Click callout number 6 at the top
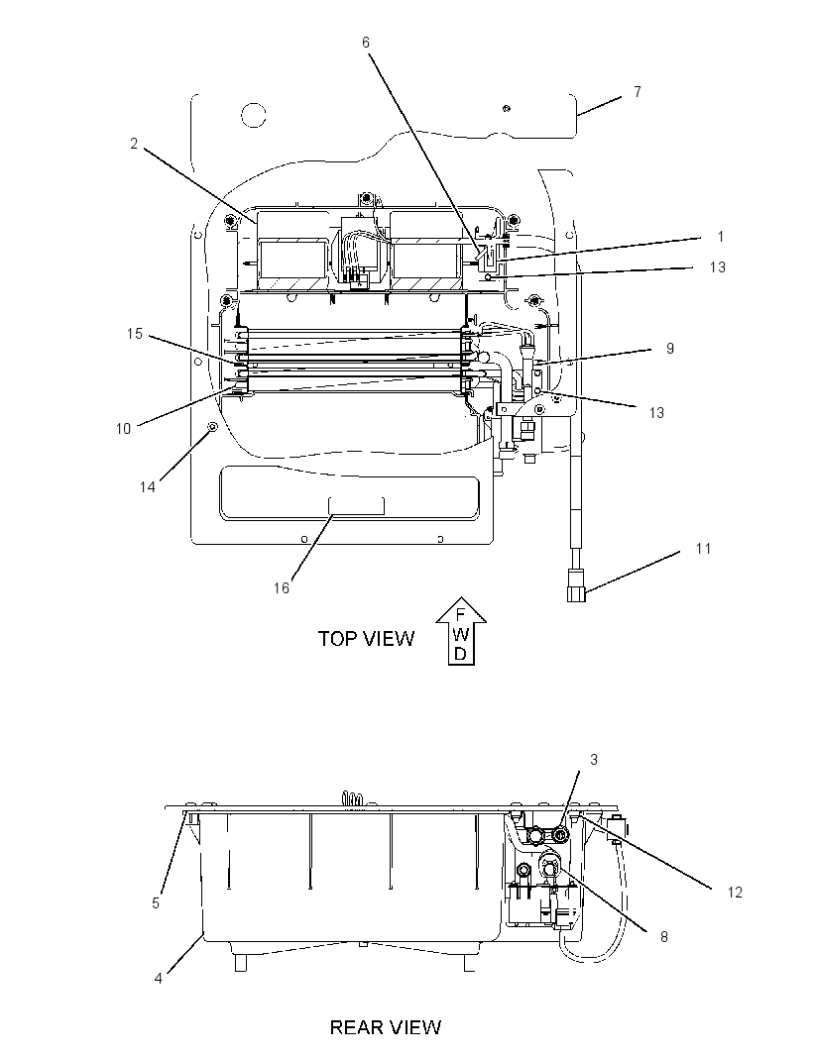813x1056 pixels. click(x=366, y=43)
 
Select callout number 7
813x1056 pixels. click(x=638, y=91)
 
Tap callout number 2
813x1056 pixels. click(x=134, y=144)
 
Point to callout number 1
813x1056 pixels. click(x=721, y=237)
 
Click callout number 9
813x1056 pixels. click(x=670, y=348)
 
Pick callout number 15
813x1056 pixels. click(x=135, y=334)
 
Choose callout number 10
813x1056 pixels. click(x=123, y=428)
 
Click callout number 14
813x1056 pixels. click(x=148, y=487)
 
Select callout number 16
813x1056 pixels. click(x=282, y=588)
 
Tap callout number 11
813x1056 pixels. click(x=703, y=549)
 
